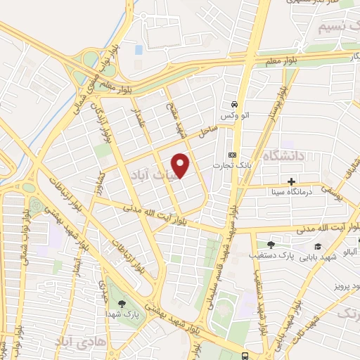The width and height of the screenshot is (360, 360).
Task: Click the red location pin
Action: tap(181, 165)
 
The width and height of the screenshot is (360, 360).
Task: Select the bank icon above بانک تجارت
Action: tap(231, 155)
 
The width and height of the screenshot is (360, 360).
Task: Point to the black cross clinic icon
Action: tap(291, 181)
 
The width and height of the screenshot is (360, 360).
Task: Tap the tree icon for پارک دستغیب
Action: tap(270, 245)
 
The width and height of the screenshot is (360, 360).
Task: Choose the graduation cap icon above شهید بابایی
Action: tap(318, 246)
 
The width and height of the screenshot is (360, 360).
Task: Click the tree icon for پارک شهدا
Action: tap(124, 304)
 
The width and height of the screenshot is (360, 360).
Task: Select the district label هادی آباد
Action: tap(77, 342)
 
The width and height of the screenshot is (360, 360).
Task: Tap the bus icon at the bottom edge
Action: tap(244, 355)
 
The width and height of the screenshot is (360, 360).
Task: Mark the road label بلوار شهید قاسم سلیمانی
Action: tap(217, 271)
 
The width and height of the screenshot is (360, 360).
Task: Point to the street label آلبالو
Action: tap(349, 250)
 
